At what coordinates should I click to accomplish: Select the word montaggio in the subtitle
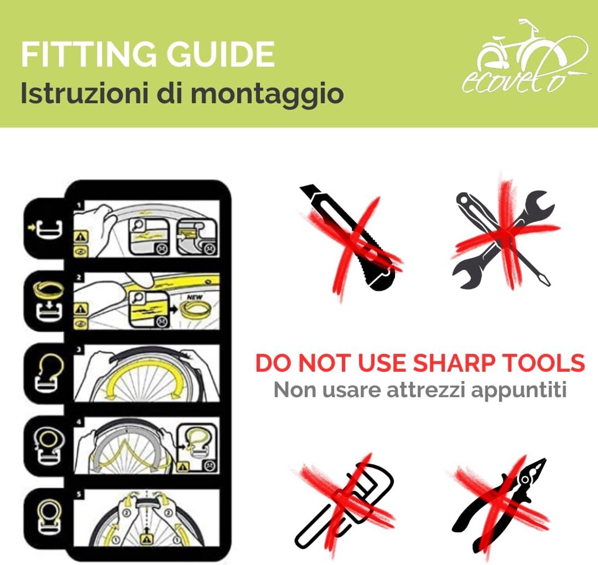click(267, 94)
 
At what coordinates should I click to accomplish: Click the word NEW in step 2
click(195, 297)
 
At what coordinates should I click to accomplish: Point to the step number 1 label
click(79, 206)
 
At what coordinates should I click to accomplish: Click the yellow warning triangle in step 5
click(147, 539)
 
